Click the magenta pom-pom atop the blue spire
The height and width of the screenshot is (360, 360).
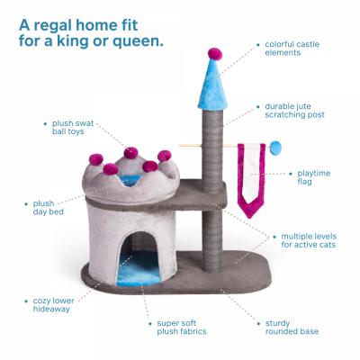(x=215, y=53)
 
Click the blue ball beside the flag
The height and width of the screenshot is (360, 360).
(x=275, y=148)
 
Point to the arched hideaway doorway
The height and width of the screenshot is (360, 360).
(x=139, y=258)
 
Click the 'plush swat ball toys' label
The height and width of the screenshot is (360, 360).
(x=73, y=128)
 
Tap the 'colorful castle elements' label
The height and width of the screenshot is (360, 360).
(x=292, y=49)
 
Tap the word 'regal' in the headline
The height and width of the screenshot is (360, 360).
(x=52, y=26)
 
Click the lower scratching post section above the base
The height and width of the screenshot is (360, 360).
(x=212, y=240)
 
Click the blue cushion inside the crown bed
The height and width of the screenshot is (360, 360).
(x=130, y=180)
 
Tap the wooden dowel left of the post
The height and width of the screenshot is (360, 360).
(x=191, y=146)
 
